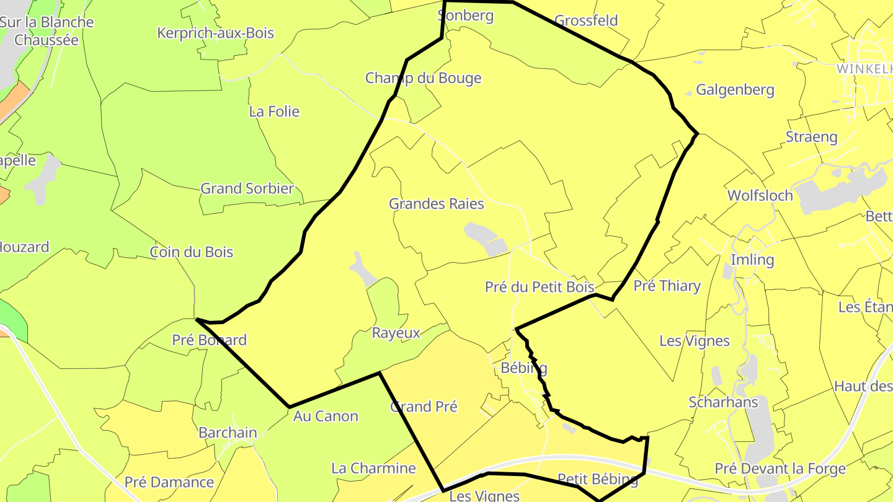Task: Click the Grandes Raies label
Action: tap(436, 203)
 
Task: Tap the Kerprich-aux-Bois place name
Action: tap(215, 33)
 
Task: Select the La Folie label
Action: tap(274, 112)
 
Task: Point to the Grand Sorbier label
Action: tap(247, 188)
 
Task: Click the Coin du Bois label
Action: tap(192, 252)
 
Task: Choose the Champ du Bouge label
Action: tap(423, 78)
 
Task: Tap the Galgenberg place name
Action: tap(735, 90)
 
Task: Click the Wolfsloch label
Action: tap(760, 195)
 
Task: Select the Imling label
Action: tap(752, 260)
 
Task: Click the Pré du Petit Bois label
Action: tap(540, 287)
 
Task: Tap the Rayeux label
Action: tap(396, 333)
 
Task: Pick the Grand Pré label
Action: tap(424, 407)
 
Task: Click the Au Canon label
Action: tap(326, 416)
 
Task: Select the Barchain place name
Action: tap(228, 433)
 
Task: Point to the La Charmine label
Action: tap(373, 468)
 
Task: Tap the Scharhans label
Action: tap(723, 402)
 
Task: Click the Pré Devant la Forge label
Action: tap(780, 469)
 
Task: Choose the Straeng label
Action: tap(811, 137)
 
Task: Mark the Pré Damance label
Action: tap(169, 482)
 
